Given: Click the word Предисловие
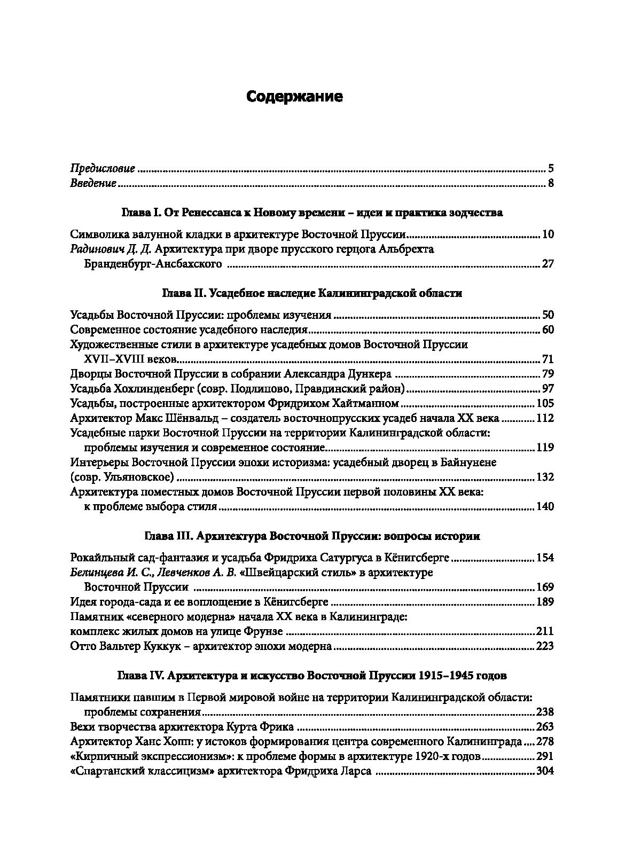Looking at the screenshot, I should coord(103,169).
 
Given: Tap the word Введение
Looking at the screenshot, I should coord(93,184).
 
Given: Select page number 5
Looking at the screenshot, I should coord(551,169).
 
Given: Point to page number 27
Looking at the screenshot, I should coord(548,264).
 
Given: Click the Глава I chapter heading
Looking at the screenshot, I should coord(312,213).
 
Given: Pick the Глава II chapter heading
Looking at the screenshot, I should coord(312,293).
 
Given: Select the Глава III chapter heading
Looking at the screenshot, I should coord(312,536).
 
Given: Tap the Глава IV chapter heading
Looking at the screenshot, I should coord(312,676).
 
